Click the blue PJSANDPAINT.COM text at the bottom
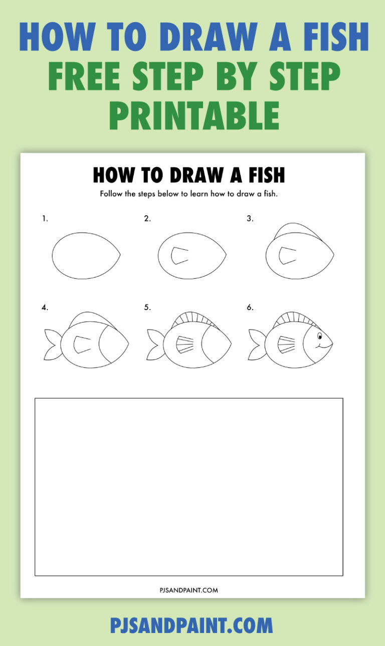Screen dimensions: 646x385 [191, 625]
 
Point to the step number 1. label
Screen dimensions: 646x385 [45, 218]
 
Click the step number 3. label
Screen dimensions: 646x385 [250, 218]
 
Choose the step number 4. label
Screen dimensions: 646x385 [45, 307]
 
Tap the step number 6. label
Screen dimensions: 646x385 [250, 307]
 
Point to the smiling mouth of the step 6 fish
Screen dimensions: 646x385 [323, 346]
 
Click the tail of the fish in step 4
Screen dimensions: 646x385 [52, 344]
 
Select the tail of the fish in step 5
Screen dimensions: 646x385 [154, 344]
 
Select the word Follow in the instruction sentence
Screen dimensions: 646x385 [110, 194]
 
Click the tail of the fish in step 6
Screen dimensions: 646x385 [257, 344]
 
